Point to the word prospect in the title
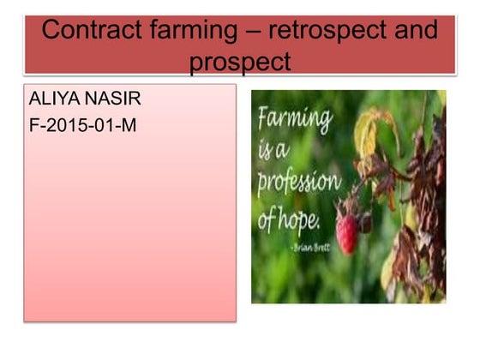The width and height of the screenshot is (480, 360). (x=240, y=62)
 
